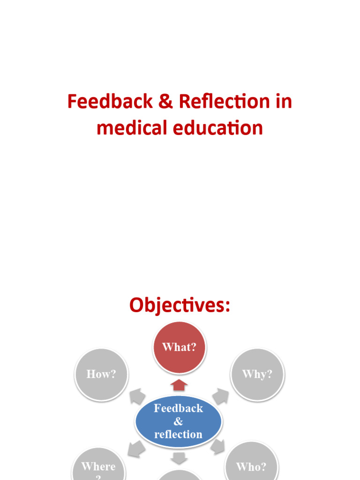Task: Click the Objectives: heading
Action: click(x=180, y=305)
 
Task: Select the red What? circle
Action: click(x=180, y=347)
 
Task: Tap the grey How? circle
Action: click(x=101, y=374)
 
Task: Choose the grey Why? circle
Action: click(x=257, y=374)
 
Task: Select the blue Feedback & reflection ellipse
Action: click(x=179, y=421)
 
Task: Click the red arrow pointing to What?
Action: click(x=179, y=385)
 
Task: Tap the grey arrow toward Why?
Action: click(x=220, y=397)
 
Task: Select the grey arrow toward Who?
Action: click(x=217, y=446)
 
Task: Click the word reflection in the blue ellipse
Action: click(x=179, y=435)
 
